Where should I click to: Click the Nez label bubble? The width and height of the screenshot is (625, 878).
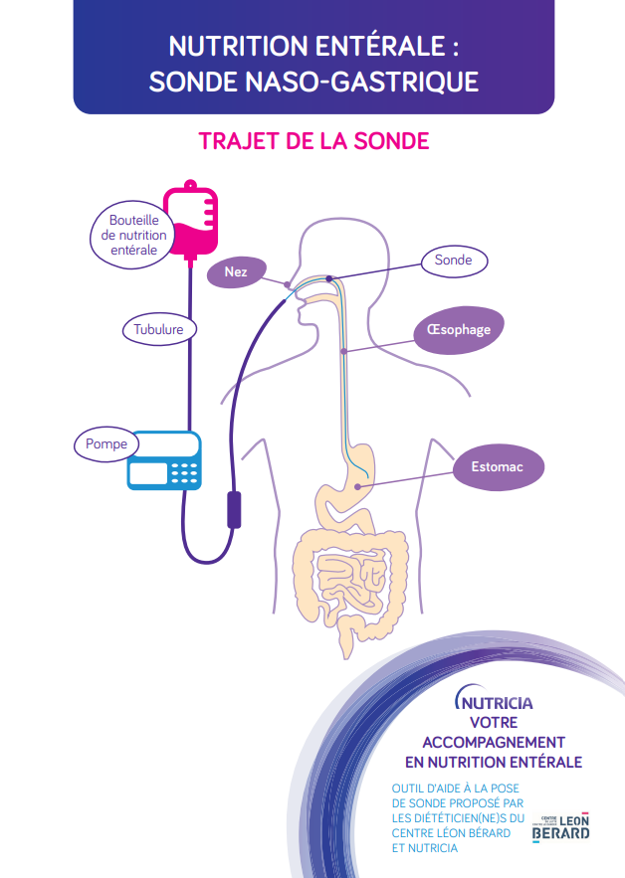point(236,271)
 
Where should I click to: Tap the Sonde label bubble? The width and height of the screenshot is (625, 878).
point(453,261)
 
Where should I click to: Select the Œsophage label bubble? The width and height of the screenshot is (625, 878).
point(458,329)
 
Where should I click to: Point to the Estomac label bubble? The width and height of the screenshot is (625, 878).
point(496,466)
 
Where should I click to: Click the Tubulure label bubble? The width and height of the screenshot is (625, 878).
point(159,328)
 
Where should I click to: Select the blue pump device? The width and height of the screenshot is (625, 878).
point(164,460)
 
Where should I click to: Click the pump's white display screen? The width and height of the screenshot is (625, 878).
point(148,472)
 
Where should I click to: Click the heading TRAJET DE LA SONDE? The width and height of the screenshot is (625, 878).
point(313,140)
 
